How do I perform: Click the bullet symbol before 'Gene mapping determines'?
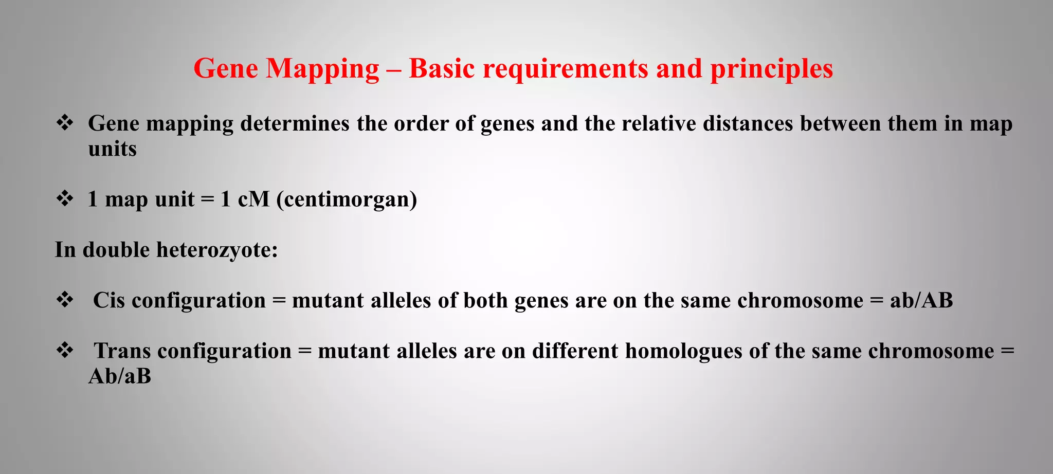(x=65, y=123)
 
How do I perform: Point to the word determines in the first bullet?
(x=295, y=124)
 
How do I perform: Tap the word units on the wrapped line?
(x=112, y=149)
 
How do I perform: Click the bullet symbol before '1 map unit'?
(x=65, y=198)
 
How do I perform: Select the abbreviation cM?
(x=253, y=199)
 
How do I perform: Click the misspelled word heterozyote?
(x=217, y=250)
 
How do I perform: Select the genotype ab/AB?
(x=921, y=300)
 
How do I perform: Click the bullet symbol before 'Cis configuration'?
(x=65, y=300)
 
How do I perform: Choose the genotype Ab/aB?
(x=120, y=376)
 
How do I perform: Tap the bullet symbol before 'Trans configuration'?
(x=65, y=351)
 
